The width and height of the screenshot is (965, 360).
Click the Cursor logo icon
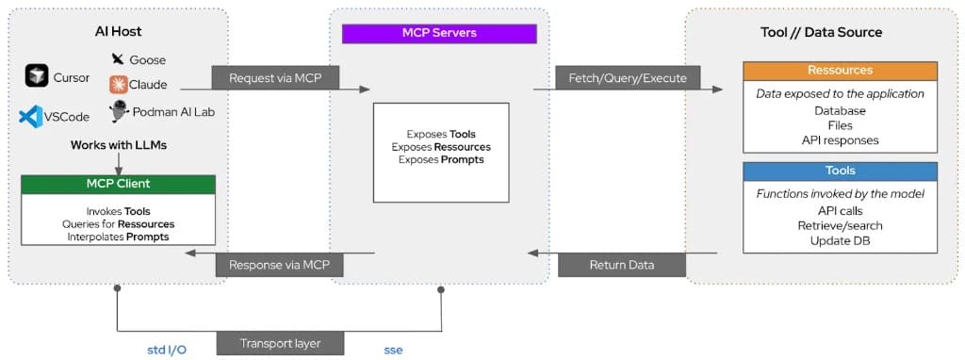coord(37,76)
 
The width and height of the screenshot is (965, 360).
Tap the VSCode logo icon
coord(30,117)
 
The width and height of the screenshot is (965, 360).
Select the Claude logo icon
coord(119,85)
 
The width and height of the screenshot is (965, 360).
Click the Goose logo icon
coord(118,59)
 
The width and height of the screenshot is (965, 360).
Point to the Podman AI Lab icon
coord(119,112)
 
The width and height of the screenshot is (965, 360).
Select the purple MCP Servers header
coord(439,33)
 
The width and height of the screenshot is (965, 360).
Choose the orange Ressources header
coord(840,71)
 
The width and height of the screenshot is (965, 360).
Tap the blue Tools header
coord(840,171)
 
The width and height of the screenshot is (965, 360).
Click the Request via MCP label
coord(275,77)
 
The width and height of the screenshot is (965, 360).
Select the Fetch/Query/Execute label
coord(621,77)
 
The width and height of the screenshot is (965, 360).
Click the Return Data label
coord(621,265)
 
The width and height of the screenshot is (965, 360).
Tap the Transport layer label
coord(280,343)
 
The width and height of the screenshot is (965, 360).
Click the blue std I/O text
coord(167,350)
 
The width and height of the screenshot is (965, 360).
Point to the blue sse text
coord(393,350)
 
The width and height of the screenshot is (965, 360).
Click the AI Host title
coord(118,32)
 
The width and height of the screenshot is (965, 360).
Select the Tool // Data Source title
coord(821,32)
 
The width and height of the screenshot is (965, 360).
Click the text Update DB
coord(840,239)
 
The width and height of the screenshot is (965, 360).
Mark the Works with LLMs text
coord(119,145)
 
